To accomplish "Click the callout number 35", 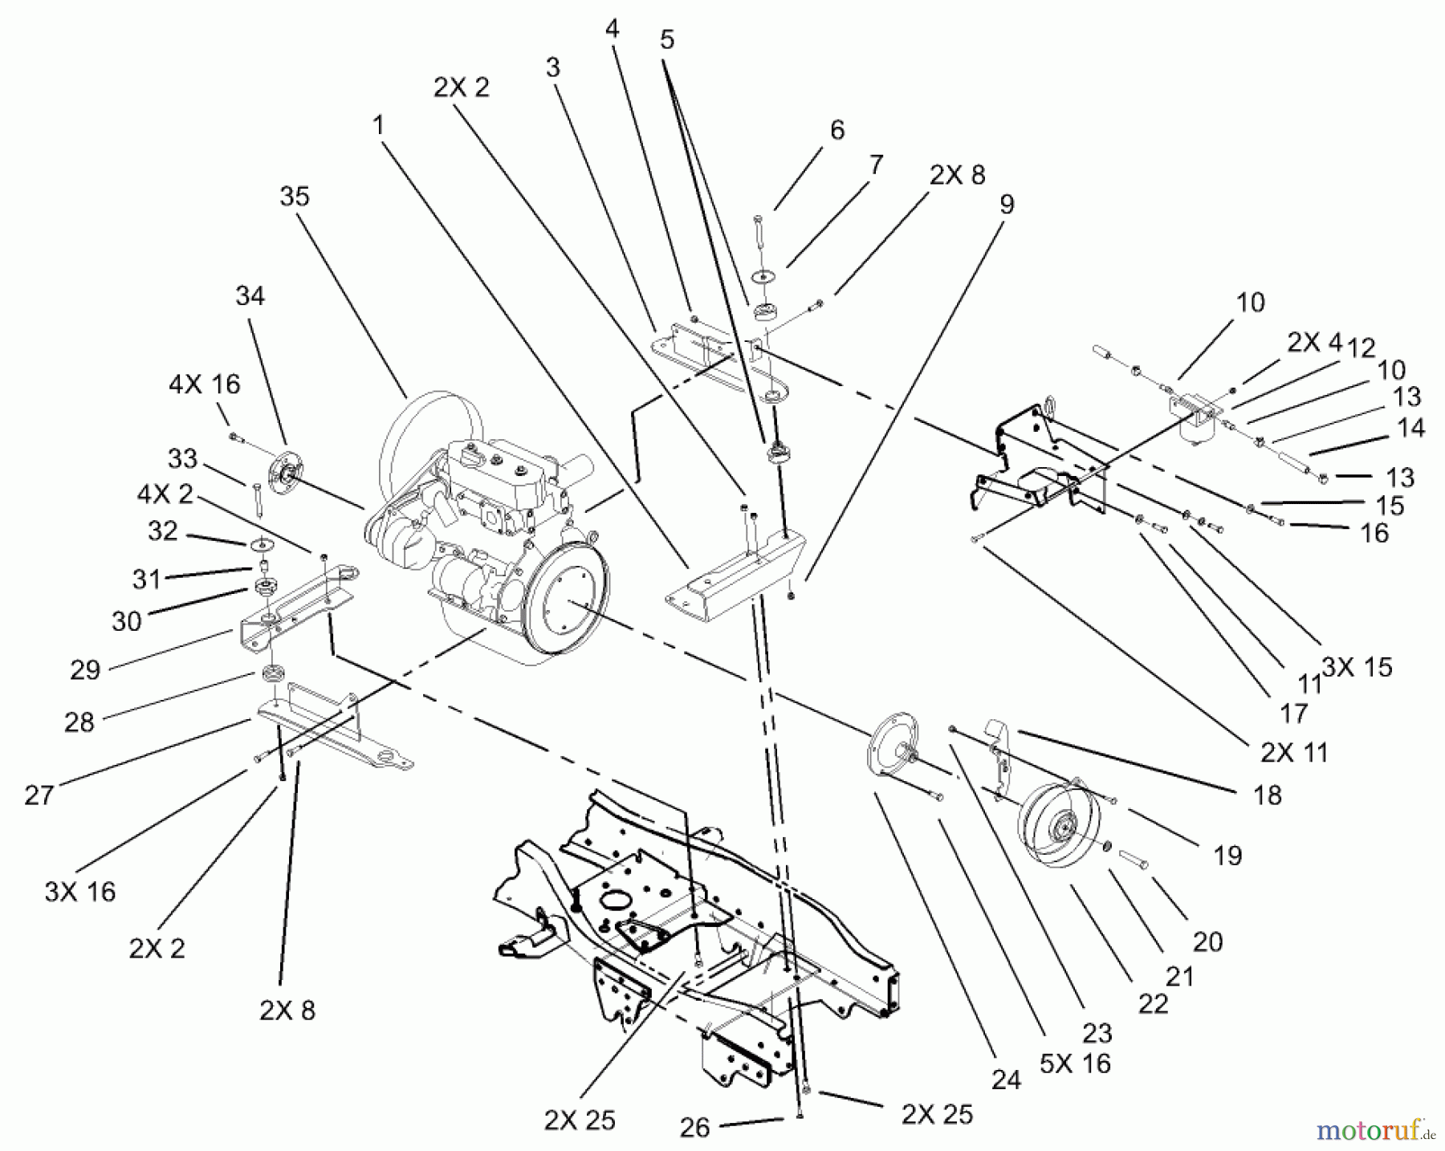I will (x=295, y=197).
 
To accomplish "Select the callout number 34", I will (x=250, y=296).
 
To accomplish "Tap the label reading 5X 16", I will (x=1075, y=1064).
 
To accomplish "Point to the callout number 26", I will (x=694, y=1128).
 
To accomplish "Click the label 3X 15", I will (x=1357, y=667).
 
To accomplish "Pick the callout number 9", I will (x=1006, y=204).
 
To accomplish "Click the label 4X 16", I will (x=204, y=384).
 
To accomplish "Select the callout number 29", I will (x=85, y=669).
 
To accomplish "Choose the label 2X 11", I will (x=1294, y=752).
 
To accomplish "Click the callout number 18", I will (x=1267, y=795).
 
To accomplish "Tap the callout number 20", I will (x=1207, y=941).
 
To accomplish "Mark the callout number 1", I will (x=378, y=126).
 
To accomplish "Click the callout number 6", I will (x=837, y=130).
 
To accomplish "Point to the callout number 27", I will (x=39, y=795).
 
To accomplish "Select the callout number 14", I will (x=1410, y=428).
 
